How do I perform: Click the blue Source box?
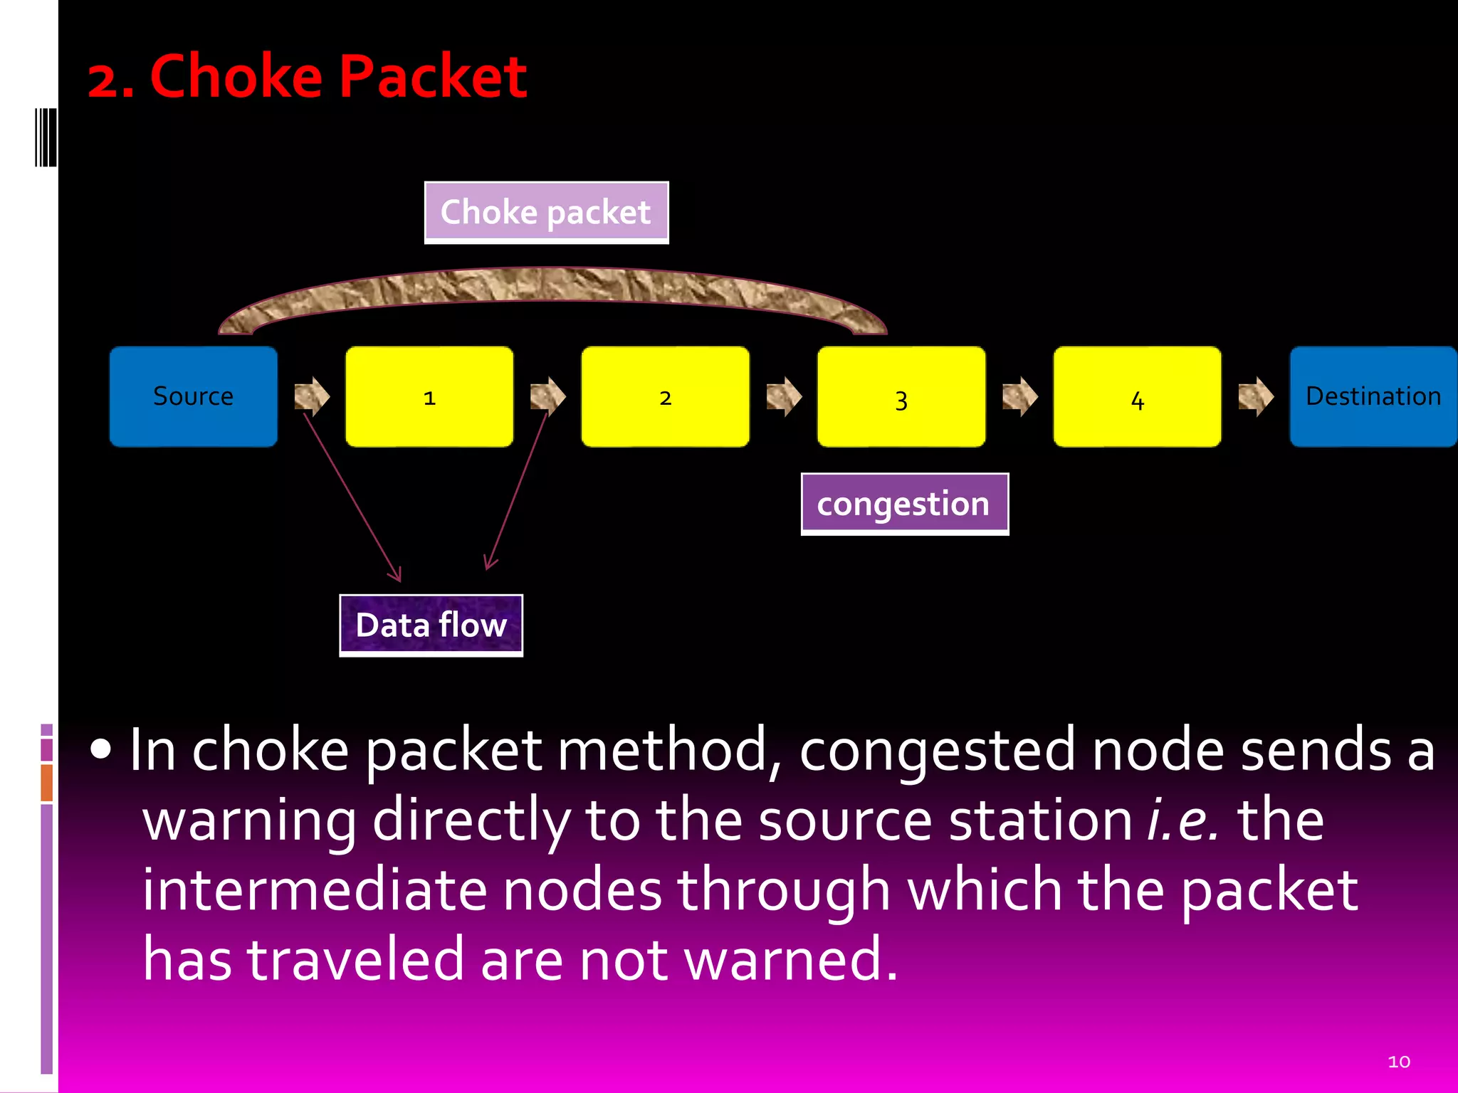coord(193,396)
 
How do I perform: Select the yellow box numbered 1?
coord(429,396)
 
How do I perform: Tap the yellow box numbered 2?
coord(665,396)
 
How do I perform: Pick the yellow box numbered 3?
coord(901,396)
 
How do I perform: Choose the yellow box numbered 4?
coord(1137,396)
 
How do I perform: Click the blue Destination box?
coord(1373,396)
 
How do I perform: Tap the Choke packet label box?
coord(546,212)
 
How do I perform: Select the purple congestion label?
coord(904,504)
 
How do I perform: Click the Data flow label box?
coord(431,625)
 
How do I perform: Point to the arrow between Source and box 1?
coord(312,396)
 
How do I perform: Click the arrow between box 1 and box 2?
coord(547,396)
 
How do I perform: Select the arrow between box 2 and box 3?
coord(784,396)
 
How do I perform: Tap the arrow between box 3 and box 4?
coord(1019,396)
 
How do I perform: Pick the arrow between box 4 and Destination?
coord(1256,396)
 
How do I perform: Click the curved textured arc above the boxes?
coord(552,285)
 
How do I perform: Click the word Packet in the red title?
coord(432,76)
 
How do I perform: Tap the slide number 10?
coord(1398,1062)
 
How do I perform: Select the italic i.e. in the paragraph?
coord(1182,820)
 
